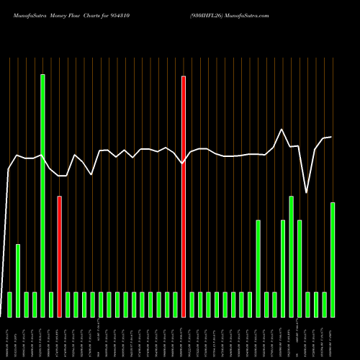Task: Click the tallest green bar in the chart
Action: pos(42,195)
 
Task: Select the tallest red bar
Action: pos(184,196)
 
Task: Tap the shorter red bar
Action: pos(59,256)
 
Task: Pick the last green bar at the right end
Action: pos(333,259)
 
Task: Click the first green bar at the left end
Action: pos(9,304)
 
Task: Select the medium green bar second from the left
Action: pos(18,280)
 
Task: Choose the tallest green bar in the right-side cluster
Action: pos(291,256)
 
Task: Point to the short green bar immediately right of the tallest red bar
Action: pos(192,304)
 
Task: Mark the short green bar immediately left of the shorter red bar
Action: pos(51,304)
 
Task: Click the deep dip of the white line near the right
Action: pos(307,193)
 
